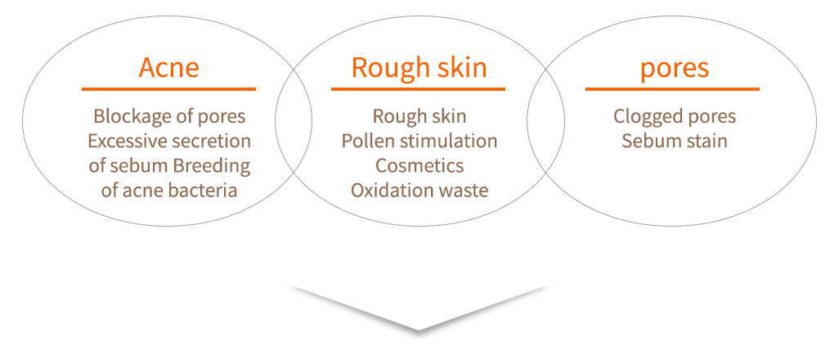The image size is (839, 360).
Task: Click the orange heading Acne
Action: [168, 67]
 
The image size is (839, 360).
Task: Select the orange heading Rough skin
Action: [419, 67]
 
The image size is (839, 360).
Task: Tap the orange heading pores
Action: [674, 67]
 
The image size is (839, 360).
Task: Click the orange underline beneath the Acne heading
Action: [168, 88]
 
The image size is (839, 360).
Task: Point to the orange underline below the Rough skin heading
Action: [419, 88]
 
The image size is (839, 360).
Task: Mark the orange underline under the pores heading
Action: [672, 88]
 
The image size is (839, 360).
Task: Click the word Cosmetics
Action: [419, 165]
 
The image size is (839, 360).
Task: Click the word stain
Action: [705, 141]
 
